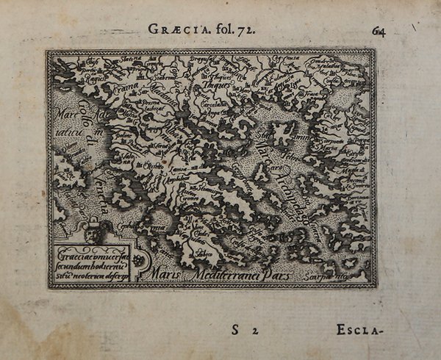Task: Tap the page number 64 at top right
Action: coord(380,31)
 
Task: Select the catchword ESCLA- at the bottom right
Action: coord(360,331)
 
